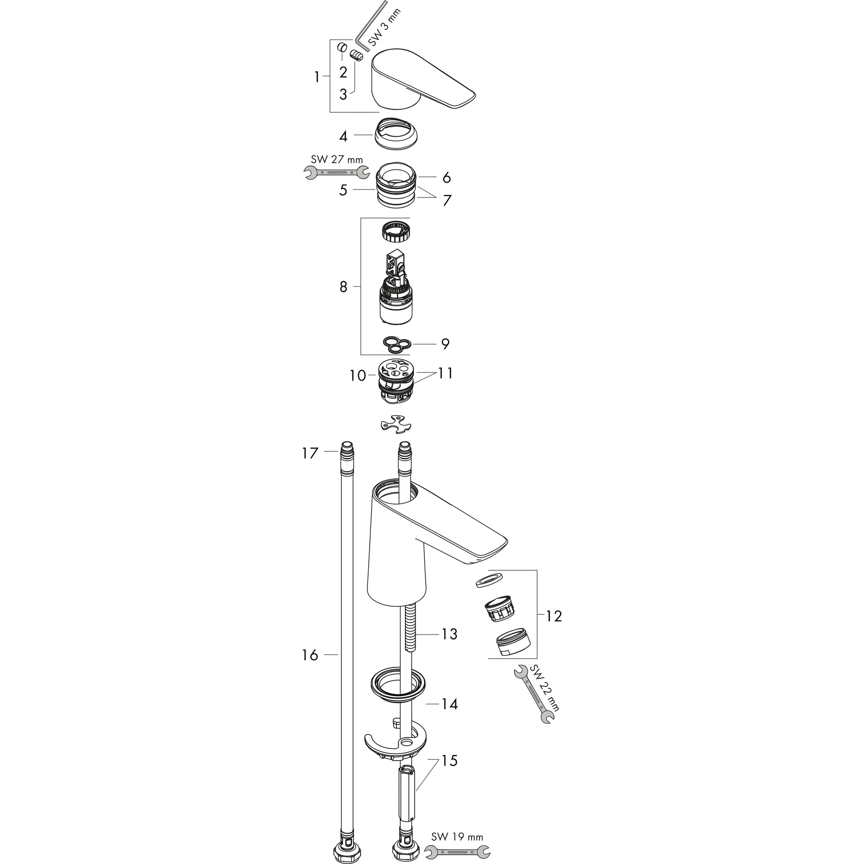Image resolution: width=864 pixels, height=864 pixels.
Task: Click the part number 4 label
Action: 343,136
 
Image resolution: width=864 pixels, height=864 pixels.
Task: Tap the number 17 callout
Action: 310,453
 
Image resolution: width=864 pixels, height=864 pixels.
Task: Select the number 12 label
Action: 553,616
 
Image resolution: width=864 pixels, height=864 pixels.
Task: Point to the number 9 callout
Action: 445,344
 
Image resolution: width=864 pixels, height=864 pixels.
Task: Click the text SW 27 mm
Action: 337,159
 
